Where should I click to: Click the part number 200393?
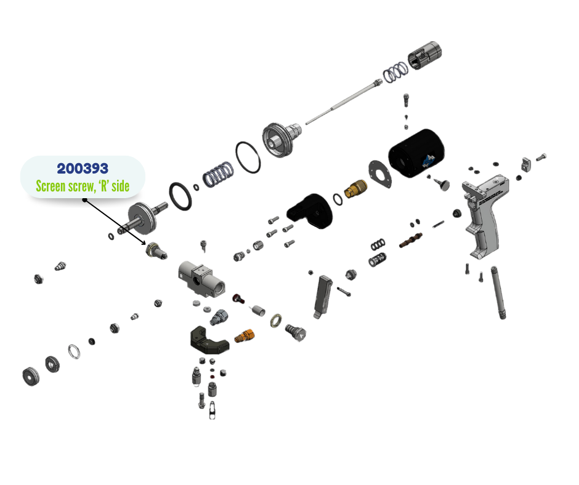(x=83, y=169)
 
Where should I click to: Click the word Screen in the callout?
(x=50, y=186)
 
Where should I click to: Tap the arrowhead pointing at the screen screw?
(x=144, y=242)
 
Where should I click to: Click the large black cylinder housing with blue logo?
(x=416, y=153)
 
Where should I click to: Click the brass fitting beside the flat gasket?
(x=355, y=188)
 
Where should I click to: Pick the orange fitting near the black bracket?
(x=245, y=336)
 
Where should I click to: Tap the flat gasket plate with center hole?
(x=380, y=174)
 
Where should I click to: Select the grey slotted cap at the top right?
(x=424, y=55)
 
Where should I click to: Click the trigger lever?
(x=322, y=297)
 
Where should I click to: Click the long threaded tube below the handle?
(x=498, y=292)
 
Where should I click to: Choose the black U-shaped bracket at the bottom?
(x=209, y=340)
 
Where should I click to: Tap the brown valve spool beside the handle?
(x=411, y=240)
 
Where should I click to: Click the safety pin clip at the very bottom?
(x=212, y=411)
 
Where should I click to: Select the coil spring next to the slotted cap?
(x=395, y=71)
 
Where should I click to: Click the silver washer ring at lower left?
(x=74, y=351)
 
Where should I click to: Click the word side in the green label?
(x=120, y=186)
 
